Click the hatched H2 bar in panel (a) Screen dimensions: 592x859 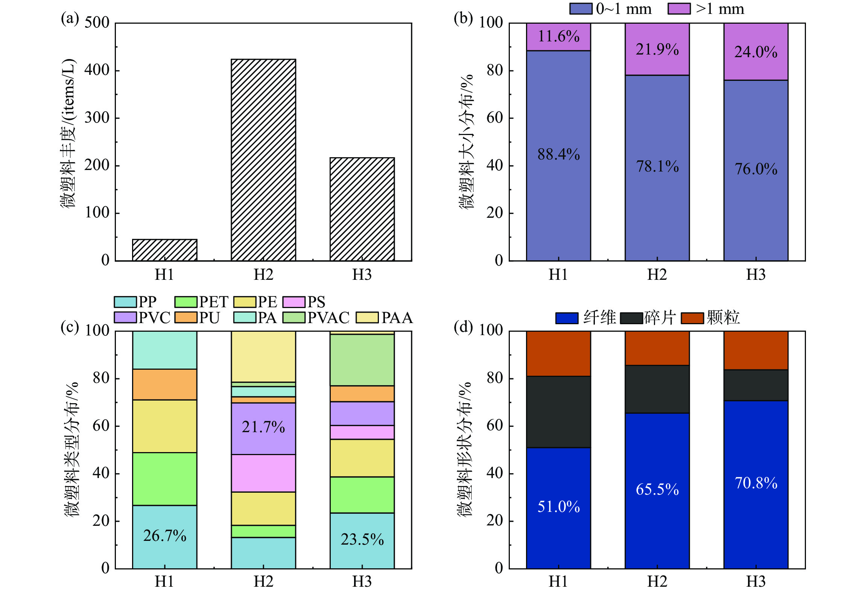(263, 160)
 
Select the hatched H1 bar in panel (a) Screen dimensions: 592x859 (164, 250)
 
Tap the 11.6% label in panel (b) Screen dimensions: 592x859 (558, 36)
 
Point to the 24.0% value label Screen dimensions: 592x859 (756, 52)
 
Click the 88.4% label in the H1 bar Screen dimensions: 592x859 (558, 154)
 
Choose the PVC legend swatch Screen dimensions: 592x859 (125, 317)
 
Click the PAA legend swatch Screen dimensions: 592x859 (367, 317)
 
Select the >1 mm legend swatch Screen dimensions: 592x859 (679, 9)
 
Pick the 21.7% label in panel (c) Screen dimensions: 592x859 (263, 427)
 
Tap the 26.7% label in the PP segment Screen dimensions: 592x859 (164, 536)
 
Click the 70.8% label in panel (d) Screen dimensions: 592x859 (756, 483)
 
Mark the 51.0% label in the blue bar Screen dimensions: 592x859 (558, 507)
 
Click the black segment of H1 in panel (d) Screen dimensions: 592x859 (558, 412)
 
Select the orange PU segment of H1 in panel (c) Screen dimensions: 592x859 (164, 384)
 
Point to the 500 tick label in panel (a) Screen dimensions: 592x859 (97, 23)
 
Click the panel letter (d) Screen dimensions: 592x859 (463, 327)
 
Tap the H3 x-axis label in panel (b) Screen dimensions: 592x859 (756, 275)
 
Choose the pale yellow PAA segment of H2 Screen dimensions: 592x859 (263, 357)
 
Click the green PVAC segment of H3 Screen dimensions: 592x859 (362, 360)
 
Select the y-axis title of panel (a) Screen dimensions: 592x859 (68, 134)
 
